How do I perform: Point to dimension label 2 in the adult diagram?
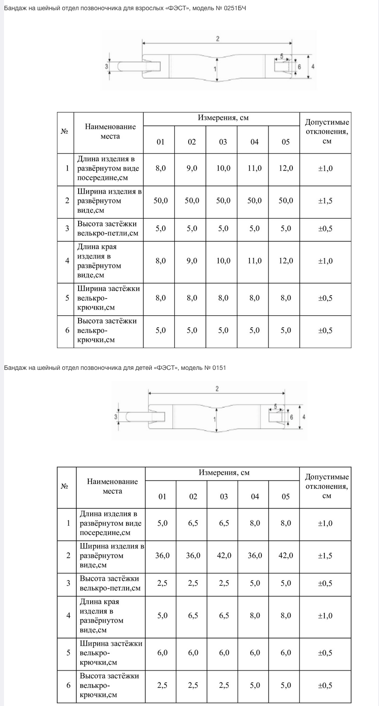coord(217,39)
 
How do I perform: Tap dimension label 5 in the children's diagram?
coord(276,406)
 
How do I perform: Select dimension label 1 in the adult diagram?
coord(215,69)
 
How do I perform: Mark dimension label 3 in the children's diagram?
coord(115,417)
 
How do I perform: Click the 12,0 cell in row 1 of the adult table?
coord(286,168)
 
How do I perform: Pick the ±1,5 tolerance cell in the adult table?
coord(325,201)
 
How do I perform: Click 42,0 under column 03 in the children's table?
coord(224,555)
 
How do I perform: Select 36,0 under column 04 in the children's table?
coord(255,555)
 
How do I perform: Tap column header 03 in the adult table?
coord(223,142)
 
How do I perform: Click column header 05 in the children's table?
coord(286,497)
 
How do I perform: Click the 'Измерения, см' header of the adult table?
coord(223,118)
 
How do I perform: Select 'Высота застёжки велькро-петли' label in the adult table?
coord(107,229)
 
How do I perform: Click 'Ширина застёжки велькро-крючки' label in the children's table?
coord(111,653)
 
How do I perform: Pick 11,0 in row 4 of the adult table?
coord(254,261)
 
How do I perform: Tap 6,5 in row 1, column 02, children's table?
coord(193,523)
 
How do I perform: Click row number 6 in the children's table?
coord(68,685)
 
